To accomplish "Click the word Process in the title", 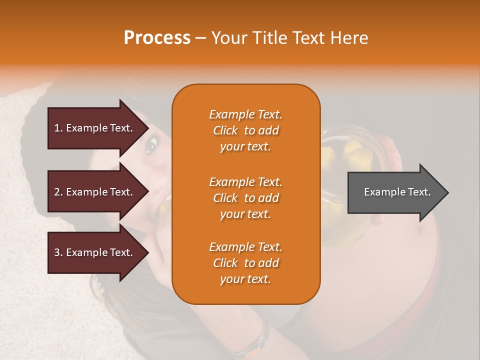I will pos(157,38).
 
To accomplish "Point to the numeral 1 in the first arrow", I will pos(57,128).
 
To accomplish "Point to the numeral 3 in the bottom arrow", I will pos(57,252).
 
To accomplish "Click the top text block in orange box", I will pos(245,130).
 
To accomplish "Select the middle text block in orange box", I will pos(245,198).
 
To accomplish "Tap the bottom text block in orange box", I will pos(245,263).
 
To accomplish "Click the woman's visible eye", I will pos(151,146).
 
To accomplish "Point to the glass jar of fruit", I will pos(345,165).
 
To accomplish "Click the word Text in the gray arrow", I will pos(419,192).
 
